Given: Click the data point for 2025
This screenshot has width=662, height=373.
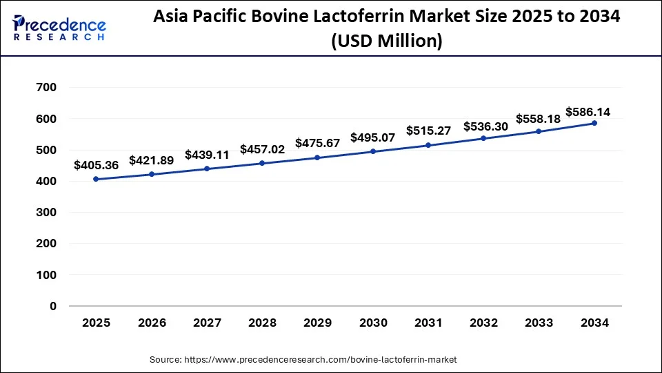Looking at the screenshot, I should pos(96,179).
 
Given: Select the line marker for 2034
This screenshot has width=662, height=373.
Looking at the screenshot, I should pos(594,123).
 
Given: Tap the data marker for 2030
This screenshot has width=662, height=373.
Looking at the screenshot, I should pos(373,151).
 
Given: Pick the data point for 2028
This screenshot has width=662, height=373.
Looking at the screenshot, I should pos(262,163).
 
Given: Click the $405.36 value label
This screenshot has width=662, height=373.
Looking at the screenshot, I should pos(96,166).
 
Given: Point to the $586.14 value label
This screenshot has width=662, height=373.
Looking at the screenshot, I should pos(588,111).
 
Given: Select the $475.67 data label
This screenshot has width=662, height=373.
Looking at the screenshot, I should pos(317,143).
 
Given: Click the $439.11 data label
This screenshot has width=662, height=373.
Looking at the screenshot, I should pos(207,155).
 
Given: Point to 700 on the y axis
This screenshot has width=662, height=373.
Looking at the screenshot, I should pos(48,88).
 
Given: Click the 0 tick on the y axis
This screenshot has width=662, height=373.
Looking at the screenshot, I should pos(53,306).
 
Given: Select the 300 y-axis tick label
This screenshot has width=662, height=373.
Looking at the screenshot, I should pos(48,213).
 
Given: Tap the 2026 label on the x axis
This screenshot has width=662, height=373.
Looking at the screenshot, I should pos(152,323).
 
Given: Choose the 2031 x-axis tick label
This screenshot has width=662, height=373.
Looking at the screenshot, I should pos(428,323).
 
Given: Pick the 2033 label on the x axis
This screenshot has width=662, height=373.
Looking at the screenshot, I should pos(539,323).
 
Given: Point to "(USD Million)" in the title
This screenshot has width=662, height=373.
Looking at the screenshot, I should pos(386,41).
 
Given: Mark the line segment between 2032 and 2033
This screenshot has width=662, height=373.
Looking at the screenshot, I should pos(512,135).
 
